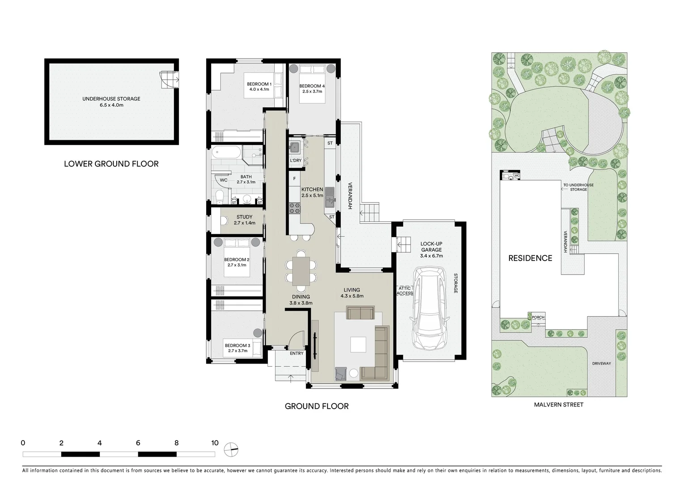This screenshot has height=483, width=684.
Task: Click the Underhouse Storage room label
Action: click(x=111, y=99)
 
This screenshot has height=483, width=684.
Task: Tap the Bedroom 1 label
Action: click(x=259, y=84)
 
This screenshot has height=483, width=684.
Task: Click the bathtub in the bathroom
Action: click(x=226, y=153)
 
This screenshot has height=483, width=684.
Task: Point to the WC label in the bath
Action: click(x=224, y=180)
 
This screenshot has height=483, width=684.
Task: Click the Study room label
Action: click(x=244, y=217)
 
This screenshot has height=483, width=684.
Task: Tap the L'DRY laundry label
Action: click(x=296, y=161)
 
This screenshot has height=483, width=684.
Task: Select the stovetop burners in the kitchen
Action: click(x=295, y=207)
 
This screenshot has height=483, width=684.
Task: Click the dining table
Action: click(x=301, y=271)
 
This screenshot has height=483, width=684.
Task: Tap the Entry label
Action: click(x=297, y=353)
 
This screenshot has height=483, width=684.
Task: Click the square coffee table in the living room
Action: click(x=358, y=345)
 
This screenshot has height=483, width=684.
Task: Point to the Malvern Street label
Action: click(x=558, y=405)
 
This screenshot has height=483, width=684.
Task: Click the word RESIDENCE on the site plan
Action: click(x=530, y=258)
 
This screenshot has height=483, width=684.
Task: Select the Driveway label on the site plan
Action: click(x=601, y=364)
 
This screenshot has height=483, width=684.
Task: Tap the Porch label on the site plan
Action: click(x=538, y=318)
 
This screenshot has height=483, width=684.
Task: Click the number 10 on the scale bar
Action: click(x=215, y=443)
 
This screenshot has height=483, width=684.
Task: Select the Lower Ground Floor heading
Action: click(x=111, y=164)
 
